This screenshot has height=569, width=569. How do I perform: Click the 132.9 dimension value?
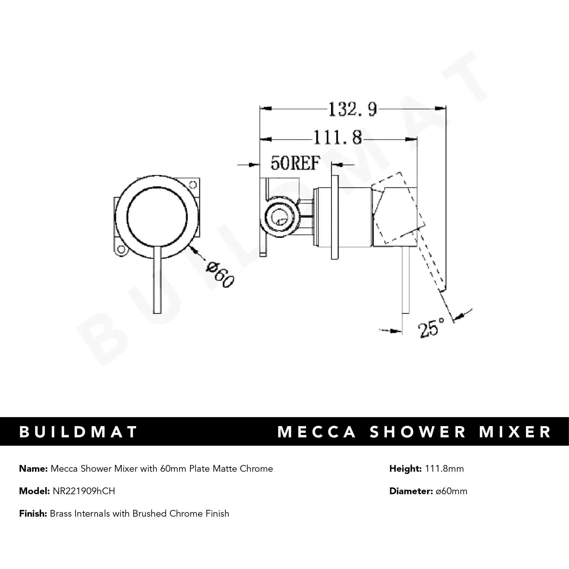352,109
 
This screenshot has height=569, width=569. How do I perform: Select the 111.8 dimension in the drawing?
337,138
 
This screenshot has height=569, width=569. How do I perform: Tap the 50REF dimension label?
295,163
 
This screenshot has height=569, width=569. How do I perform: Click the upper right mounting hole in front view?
193,185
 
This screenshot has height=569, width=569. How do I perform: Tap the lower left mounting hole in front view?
121,249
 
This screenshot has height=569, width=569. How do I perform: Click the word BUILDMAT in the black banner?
78,432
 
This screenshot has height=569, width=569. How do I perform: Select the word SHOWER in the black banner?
418,432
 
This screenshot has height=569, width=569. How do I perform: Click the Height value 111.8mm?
444,469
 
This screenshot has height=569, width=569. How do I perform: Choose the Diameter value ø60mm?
451,491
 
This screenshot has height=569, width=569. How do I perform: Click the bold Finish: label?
33,513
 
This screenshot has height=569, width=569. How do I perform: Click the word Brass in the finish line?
61,513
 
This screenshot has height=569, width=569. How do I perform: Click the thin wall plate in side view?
335,217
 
